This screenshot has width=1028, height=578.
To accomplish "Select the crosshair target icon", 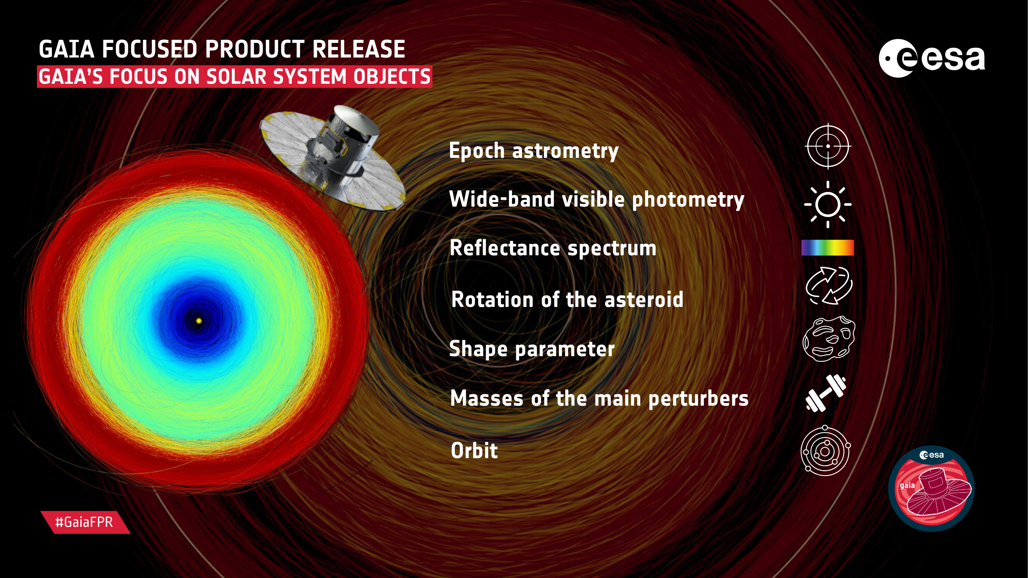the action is tap(828, 146).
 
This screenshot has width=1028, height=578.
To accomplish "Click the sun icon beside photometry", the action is tap(828, 204).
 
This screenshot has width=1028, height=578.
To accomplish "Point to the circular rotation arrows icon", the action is tap(829, 286).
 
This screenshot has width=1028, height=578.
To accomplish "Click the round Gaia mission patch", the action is tap(931, 489).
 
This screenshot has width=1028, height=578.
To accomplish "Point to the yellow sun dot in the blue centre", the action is tap(199, 320).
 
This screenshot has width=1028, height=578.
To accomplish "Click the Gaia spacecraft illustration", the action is tap(332, 158).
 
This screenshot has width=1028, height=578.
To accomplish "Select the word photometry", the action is tap(688, 200).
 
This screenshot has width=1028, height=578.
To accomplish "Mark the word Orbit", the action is tap(474, 450).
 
